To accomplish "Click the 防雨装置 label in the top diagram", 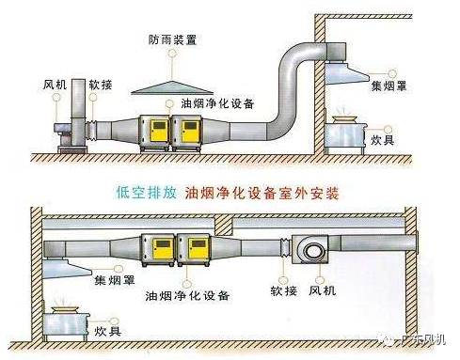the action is (x=172, y=40).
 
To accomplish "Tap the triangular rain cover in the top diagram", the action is (x=172, y=87).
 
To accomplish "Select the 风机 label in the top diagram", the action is (x=55, y=85).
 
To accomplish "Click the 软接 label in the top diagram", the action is (x=101, y=85).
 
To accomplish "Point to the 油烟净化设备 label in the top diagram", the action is (x=217, y=103).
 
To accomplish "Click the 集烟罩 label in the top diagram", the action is (x=389, y=86).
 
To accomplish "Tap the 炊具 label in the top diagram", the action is (x=383, y=140).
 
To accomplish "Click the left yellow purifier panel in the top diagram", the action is (x=160, y=132).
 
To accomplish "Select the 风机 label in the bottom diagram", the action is (x=323, y=290).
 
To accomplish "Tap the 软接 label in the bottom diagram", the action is (x=283, y=291).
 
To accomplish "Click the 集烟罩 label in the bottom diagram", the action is (x=115, y=280).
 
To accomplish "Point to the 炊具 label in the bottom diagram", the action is (x=107, y=331).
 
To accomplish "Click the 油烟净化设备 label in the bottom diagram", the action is (x=187, y=295).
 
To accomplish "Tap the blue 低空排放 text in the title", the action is (x=146, y=193).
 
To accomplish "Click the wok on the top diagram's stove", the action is (x=343, y=119).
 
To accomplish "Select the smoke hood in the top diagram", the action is (x=345, y=73).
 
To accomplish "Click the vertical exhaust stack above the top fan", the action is (x=78, y=99).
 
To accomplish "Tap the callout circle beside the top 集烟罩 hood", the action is (x=392, y=73).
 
